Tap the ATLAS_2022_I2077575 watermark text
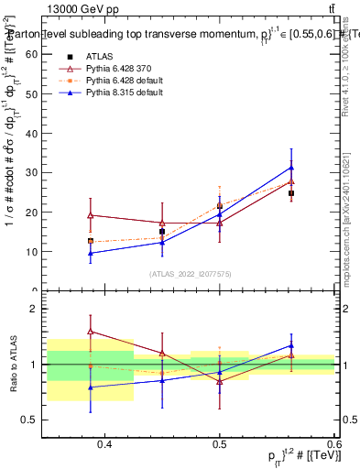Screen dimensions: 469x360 tap(190, 274)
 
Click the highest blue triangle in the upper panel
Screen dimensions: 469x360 tap(291, 168)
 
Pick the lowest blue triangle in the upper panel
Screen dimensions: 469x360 tap(91, 253)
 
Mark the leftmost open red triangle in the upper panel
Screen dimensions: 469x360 tap(91, 215)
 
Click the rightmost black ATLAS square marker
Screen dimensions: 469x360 tap(291, 193)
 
